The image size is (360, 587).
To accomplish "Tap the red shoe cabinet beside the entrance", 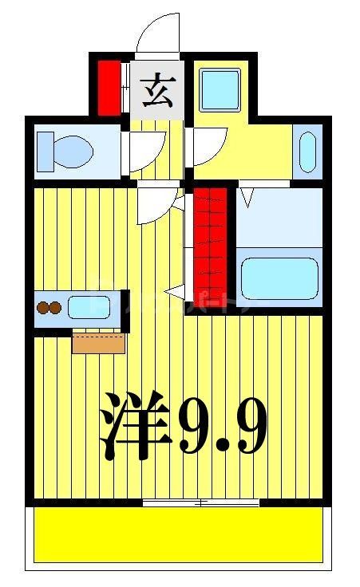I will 109,87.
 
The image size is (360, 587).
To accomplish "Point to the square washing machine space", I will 220,90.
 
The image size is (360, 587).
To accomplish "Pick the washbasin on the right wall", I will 307,149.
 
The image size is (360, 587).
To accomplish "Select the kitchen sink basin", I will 89,307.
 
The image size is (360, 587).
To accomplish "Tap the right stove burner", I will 56,307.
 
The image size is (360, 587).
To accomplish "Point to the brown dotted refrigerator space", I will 98,341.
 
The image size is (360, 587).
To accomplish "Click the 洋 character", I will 136,424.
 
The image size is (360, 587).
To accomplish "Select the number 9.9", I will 220,424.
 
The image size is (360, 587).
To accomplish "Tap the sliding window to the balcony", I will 201,502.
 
